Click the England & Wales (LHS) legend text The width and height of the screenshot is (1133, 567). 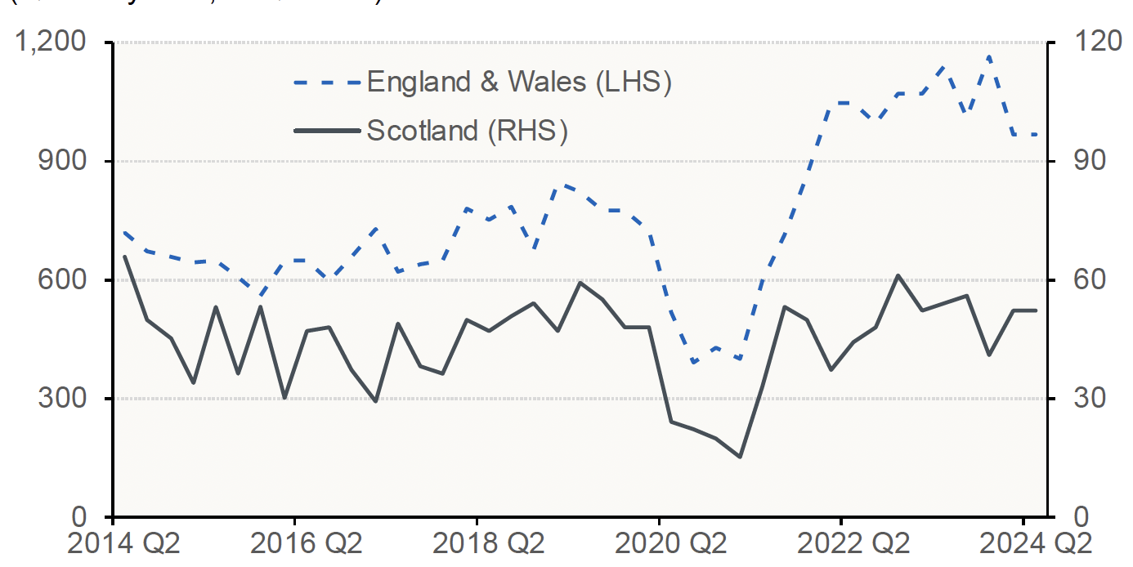pyautogui.click(x=519, y=83)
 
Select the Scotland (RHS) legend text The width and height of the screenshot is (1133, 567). pyautogui.click(x=467, y=131)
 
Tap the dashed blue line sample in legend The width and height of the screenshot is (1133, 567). pyautogui.click(x=326, y=83)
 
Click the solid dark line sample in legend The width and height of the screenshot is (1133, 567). pyautogui.click(x=326, y=131)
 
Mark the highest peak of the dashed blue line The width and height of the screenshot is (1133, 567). pyautogui.click(x=989, y=57)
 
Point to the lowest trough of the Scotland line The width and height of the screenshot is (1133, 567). pyautogui.click(x=740, y=457)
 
